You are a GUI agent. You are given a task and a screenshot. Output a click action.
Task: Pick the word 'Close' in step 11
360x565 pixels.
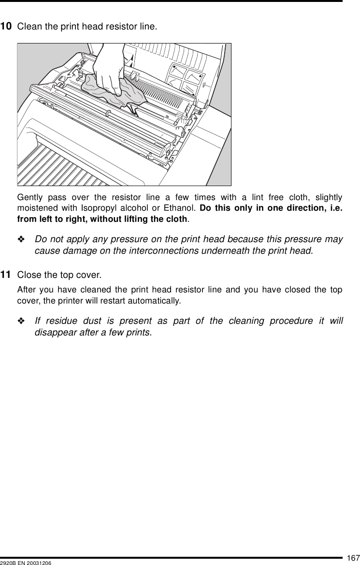click(x=28, y=275)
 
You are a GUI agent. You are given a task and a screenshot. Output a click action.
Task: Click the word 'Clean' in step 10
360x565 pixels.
click(x=29, y=26)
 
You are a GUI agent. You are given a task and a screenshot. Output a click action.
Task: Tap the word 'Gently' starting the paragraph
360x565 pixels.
click(x=29, y=198)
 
